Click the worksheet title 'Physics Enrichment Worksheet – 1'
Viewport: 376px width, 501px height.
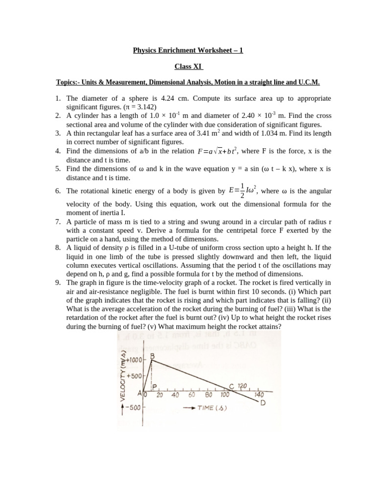[x=188, y=50]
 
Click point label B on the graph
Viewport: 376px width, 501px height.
[x=153, y=357]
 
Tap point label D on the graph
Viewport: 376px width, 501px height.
[x=263, y=403]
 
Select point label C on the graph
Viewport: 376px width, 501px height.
[x=231, y=386]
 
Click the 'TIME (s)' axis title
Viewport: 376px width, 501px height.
[x=211, y=408]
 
